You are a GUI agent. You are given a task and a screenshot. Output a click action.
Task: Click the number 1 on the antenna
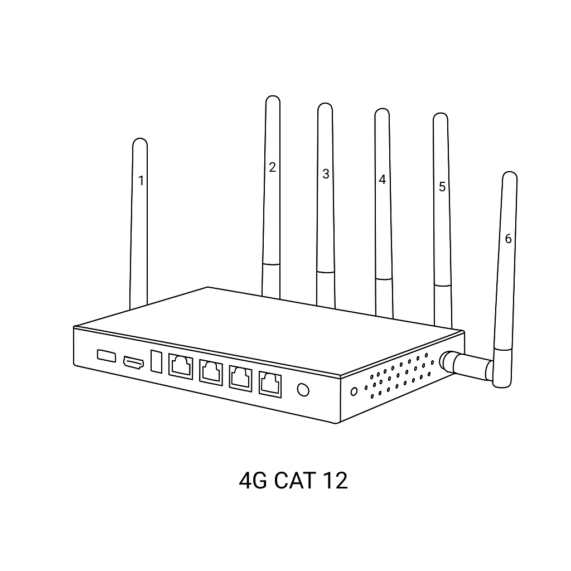tap(141, 181)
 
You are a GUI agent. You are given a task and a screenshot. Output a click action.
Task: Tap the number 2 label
tap(272, 167)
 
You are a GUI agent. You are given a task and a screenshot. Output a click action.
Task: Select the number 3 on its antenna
tap(326, 174)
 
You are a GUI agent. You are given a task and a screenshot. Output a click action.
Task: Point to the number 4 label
tap(382, 180)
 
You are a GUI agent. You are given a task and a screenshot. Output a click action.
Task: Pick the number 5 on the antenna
tap(442, 187)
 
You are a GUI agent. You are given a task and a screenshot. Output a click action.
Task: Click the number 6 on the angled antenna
tap(508, 239)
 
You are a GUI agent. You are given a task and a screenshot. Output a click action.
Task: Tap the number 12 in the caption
tap(335, 480)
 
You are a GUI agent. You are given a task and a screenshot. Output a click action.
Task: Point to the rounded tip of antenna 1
tap(140, 143)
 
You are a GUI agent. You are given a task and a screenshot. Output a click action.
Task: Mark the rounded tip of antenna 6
tap(510, 176)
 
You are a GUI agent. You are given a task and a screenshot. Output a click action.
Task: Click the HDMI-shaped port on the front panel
tap(133, 362)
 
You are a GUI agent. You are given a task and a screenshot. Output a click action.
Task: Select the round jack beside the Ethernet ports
tap(303, 390)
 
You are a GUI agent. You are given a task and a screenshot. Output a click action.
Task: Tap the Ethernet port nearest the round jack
tap(270, 384)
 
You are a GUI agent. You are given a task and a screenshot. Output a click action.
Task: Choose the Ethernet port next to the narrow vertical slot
tap(181, 366)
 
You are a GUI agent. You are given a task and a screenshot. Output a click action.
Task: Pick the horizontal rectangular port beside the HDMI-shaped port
tap(106, 355)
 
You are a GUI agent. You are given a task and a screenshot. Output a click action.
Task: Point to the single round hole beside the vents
tap(354, 391)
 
